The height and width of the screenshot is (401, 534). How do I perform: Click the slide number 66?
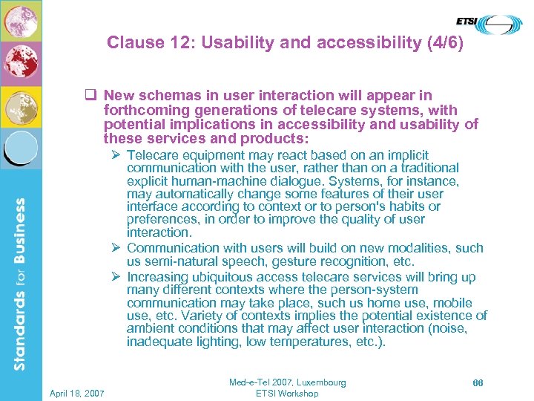pos(478,382)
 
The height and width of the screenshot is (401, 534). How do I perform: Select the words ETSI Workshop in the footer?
pos(287,394)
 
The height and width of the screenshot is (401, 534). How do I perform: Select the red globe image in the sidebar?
pos(20,63)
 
